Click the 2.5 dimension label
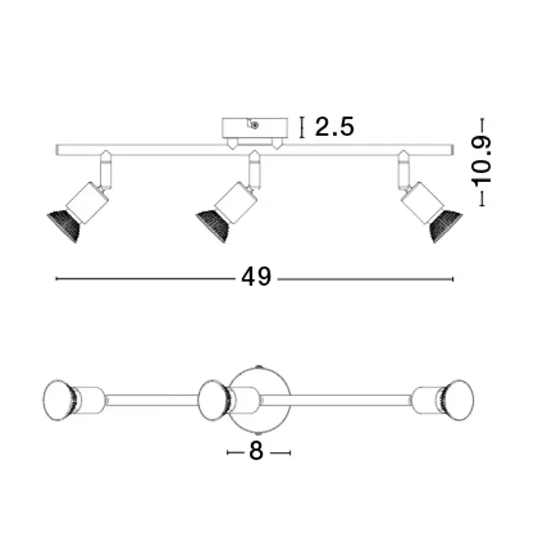334,127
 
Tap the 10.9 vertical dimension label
482,162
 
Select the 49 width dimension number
256,277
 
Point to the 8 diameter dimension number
256,451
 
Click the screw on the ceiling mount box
254,125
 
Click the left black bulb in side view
64,226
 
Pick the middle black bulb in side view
213,226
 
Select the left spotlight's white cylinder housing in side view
88,203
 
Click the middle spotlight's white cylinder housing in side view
236,203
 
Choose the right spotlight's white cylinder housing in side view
423,203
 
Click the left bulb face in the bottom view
58,400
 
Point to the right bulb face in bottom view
460,400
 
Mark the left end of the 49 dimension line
56,278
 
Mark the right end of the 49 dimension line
453,279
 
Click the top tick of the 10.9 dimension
482,118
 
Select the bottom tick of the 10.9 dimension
482,205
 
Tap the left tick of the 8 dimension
227,453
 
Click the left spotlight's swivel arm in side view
106,170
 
